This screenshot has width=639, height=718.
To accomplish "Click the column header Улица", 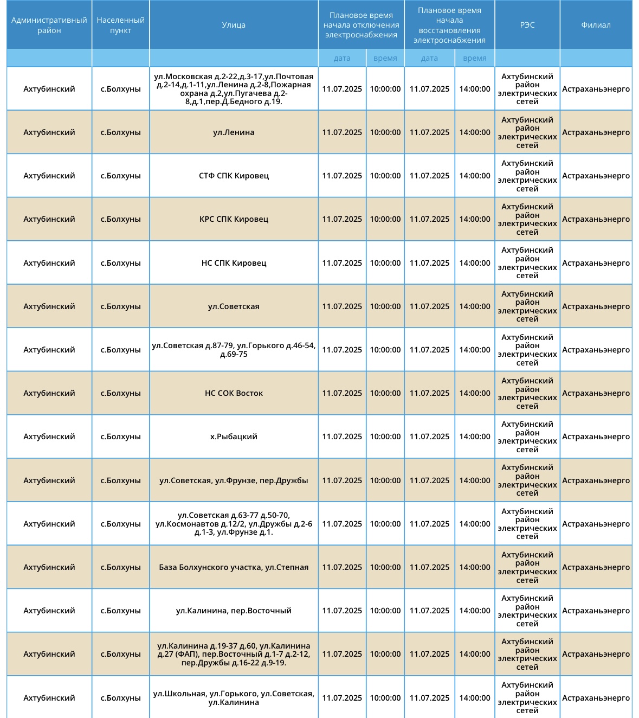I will pyautogui.click(x=234, y=25).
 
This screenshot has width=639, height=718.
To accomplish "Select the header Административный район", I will pyautogui.click(x=49, y=25).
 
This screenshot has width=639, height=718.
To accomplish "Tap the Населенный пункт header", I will pyautogui.click(x=120, y=25).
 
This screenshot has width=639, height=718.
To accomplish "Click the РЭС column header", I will pyautogui.click(x=527, y=25).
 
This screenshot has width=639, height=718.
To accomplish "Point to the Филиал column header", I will pyautogui.click(x=596, y=25).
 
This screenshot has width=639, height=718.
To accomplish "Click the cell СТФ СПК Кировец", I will pyautogui.click(x=234, y=176).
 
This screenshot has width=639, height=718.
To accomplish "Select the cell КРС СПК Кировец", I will pyautogui.click(x=234, y=219).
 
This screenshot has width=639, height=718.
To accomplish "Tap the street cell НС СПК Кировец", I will pyautogui.click(x=234, y=263).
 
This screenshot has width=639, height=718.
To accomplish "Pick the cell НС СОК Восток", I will pyautogui.click(x=234, y=393).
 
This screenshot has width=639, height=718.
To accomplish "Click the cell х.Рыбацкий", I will pyautogui.click(x=234, y=437).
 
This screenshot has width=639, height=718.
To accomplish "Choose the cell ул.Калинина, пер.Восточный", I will pyautogui.click(x=234, y=611).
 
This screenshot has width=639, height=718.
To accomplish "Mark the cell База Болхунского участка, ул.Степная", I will pyautogui.click(x=234, y=567).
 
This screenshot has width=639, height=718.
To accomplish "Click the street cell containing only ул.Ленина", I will pyautogui.click(x=234, y=132).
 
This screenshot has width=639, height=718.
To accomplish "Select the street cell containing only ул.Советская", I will pyautogui.click(x=234, y=306).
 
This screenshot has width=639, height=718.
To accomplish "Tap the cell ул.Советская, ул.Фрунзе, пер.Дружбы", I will pyautogui.click(x=234, y=480).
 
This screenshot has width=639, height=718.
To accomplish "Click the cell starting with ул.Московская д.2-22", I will pyautogui.click(x=234, y=89).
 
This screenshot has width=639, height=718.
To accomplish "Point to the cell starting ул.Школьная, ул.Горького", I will pyautogui.click(x=234, y=698).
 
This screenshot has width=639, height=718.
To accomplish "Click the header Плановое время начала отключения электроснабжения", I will pyautogui.click(x=361, y=25).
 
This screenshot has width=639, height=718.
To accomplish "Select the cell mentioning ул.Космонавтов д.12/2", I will pyautogui.click(x=234, y=524).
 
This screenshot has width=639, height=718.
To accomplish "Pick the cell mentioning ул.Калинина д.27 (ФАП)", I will pyautogui.click(x=234, y=654).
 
